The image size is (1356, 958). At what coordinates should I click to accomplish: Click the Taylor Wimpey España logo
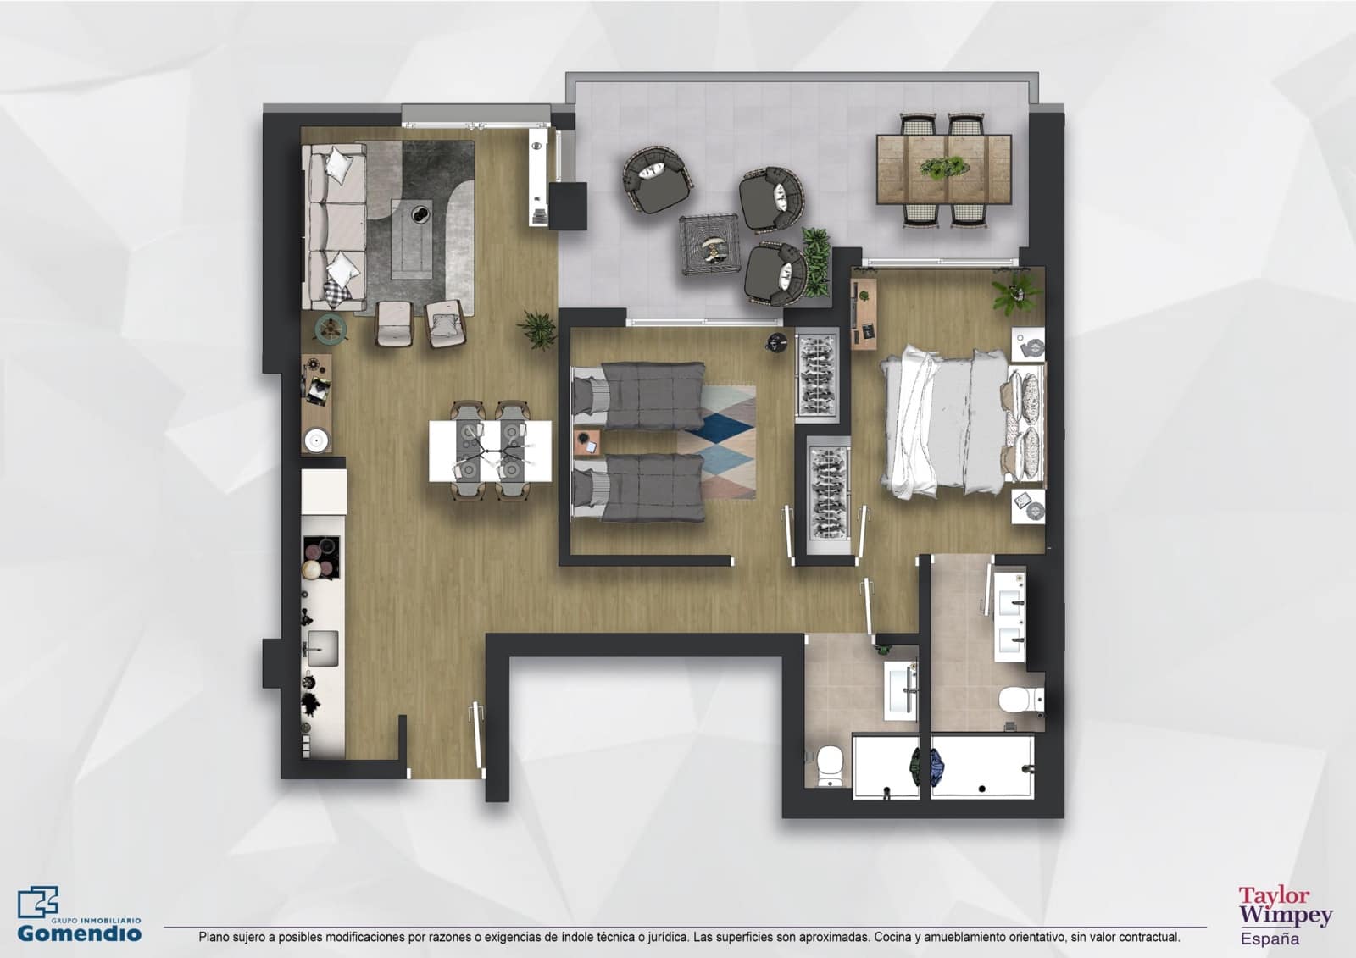[1285, 915]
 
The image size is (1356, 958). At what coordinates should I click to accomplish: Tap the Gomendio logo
[80, 916]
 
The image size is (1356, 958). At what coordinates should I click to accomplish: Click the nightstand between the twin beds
[587, 442]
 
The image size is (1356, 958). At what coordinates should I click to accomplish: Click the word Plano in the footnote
[213, 937]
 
